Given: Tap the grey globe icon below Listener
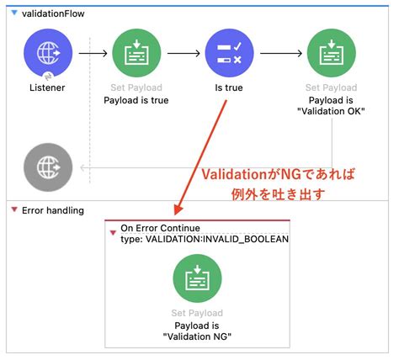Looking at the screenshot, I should coord(48,167).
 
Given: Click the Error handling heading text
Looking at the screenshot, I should coord(52,209).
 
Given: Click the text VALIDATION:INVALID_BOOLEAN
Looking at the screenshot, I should coord(217,239).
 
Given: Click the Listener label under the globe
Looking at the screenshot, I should coord(48,87).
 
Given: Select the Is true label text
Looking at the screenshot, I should coord(229,87).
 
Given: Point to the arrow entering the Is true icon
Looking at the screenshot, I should coord(185,53).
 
